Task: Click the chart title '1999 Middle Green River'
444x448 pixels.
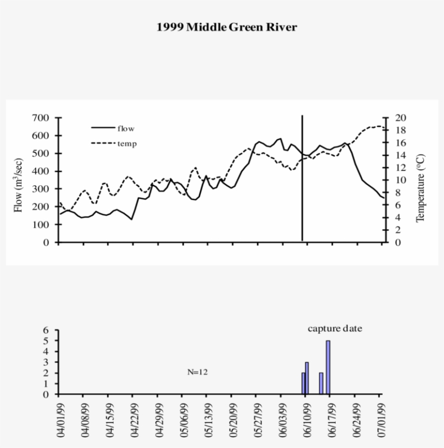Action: point(227,27)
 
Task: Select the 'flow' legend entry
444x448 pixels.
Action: point(126,128)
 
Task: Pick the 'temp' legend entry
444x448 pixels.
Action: point(127,144)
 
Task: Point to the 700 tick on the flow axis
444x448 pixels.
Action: point(41,118)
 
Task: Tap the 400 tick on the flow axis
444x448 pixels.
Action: point(41,171)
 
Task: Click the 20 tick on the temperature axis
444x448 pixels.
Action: point(394,118)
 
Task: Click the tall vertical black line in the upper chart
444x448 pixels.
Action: point(302,179)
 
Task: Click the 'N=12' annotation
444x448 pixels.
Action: point(198,372)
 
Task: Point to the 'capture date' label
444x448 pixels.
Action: point(335,328)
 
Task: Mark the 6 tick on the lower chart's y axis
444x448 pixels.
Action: point(46,330)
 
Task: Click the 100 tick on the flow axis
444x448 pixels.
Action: point(41,224)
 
